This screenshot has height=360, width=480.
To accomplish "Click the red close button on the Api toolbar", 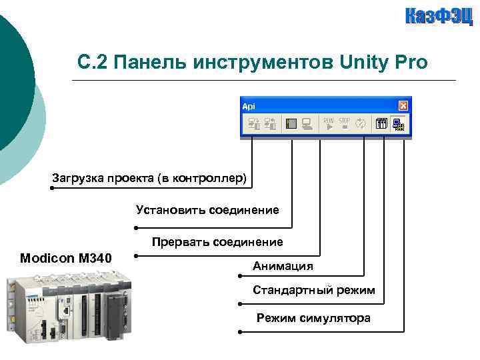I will (403, 105).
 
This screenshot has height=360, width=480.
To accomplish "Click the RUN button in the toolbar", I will (329, 123).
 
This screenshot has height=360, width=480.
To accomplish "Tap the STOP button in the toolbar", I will (344, 123).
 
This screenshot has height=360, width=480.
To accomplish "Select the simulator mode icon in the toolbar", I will (399, 123).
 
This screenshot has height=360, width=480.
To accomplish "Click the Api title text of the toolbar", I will (248, 106).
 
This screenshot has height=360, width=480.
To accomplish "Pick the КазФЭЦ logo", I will (439, 16).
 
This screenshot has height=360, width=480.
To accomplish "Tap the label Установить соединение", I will (207, 210).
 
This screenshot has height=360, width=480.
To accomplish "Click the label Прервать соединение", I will (217, 241).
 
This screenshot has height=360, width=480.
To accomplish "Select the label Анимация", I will (283, 266).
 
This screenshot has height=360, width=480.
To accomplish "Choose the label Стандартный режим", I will (313, 291).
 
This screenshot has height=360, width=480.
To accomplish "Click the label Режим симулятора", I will (313, 318).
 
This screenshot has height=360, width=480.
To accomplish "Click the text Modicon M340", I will (66, 258).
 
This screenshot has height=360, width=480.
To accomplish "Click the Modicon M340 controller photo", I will (66, 310).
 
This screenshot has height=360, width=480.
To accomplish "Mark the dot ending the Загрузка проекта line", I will (52, 189).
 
